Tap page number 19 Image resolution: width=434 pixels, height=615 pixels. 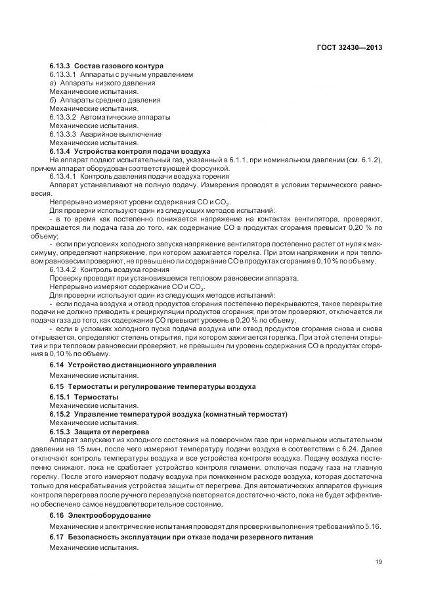pos(379,561)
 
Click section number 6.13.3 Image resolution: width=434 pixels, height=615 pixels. pos(60,66)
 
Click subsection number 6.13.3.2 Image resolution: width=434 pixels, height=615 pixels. pos(66,117)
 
